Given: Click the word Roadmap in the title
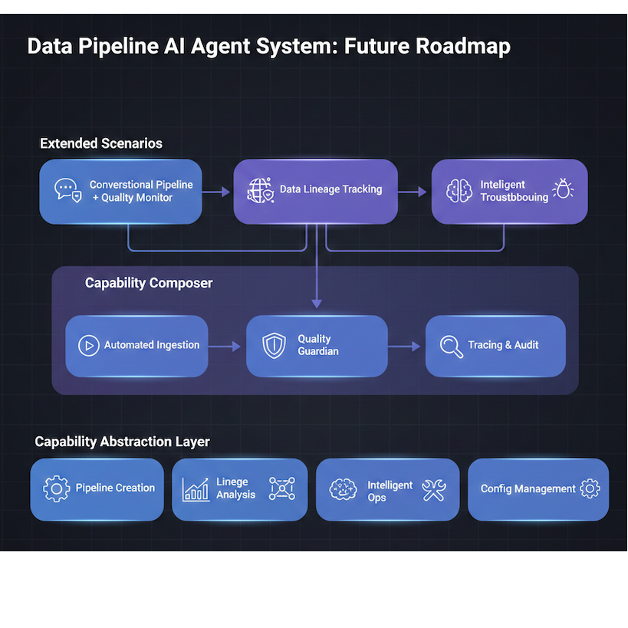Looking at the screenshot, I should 462,46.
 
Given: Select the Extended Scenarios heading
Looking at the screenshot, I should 100,143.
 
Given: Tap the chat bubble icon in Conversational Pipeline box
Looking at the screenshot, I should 67,190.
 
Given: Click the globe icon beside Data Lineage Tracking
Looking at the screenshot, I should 260,190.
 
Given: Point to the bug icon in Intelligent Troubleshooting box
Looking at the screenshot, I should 563,189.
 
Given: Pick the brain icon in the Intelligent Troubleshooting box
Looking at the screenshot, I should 459,190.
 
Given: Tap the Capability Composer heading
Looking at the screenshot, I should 149,283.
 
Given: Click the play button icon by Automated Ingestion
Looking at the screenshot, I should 89,345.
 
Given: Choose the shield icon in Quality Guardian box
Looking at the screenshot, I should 274,345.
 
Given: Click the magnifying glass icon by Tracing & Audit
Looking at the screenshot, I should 452,346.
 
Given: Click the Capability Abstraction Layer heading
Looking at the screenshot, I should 122,442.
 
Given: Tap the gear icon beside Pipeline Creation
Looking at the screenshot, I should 56,488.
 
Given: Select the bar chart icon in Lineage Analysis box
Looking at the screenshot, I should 196,489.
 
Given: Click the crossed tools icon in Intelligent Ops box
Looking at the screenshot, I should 434,489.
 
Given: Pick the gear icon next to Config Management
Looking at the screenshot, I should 590,488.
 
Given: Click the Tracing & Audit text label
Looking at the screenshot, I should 503,345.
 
